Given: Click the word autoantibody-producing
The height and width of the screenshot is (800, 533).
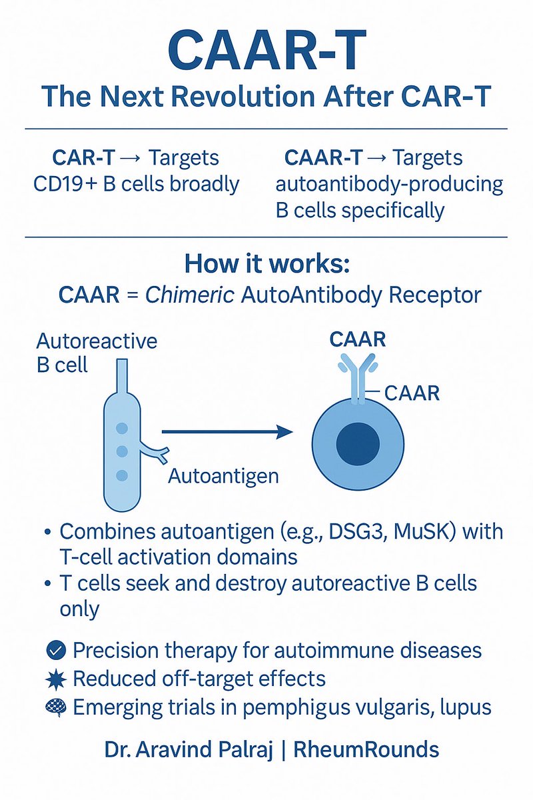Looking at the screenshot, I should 389,184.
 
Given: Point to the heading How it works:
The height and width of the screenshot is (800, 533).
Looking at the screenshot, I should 266,263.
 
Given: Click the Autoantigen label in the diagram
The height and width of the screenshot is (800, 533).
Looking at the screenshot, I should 223,477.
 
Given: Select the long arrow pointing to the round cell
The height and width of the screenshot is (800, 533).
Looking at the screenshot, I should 227,433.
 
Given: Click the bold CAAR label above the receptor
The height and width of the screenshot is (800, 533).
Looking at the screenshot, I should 358,339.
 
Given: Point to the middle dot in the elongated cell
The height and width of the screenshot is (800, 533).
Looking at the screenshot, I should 121,451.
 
